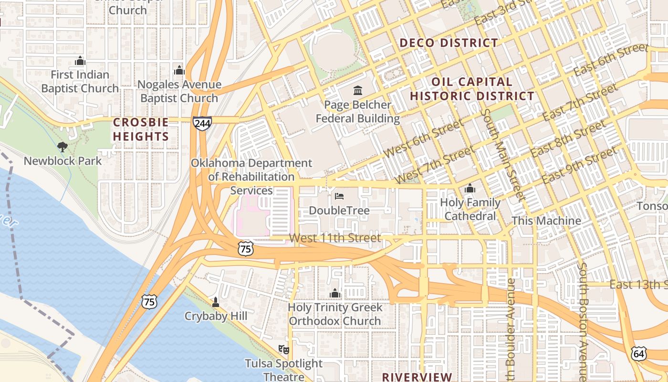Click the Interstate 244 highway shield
coord(202,123)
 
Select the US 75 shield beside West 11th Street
coord(246,248)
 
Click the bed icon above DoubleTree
coord(339,196)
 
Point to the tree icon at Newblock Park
coord(62,147)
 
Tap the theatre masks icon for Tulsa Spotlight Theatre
coord(284,350)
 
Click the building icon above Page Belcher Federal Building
coord(357,90)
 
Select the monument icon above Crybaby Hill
coord(216,302)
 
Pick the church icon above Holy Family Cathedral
coord(470,189)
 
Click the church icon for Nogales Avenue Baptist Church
coord(179,71)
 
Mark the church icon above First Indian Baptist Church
coord(80,61)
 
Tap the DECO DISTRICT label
coord(449,43)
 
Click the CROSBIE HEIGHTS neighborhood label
coord(141,129)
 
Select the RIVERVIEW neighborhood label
coord(417,377)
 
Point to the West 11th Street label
coord(335,238)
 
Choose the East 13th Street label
coord(638,285)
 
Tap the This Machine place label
coord(546,221)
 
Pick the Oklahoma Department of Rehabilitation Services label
coord(251,177)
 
